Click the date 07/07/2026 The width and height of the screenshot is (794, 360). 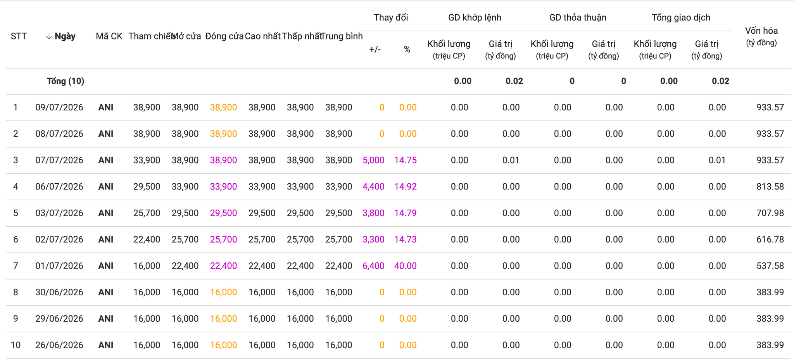pos(59,160)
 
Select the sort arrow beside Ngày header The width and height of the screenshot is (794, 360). pos(49,36)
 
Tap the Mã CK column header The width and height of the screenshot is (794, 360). pos(109,36)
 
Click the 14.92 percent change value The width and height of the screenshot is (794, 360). pos(406,186)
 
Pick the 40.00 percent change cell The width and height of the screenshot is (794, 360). pos(406,266)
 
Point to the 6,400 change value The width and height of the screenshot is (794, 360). pos(373,266)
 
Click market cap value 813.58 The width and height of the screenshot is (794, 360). pos(770,186)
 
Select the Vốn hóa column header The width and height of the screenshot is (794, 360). pos(761,36)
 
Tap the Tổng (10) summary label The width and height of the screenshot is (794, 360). pos(66,81)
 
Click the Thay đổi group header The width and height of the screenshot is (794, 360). pos(391,17)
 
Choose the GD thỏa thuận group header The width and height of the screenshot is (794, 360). pos(578,17)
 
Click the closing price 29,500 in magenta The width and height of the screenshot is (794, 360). pos(223,213)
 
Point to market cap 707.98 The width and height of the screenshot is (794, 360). pos(770,213)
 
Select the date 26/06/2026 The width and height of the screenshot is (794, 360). pos(59,345)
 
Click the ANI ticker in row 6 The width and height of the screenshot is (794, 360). pos(106,239)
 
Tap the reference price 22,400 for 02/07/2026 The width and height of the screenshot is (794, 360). pos(147,239)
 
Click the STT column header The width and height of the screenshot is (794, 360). pos(19,36)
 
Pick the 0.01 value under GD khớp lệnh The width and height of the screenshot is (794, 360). pos(511,160)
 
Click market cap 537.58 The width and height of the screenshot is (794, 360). pos(770,266)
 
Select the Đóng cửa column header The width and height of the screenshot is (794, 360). pos(224,36)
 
